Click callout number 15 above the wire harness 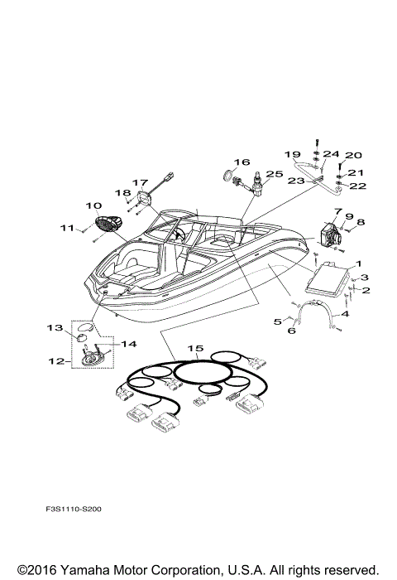195,349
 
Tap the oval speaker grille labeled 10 108,224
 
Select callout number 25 275,174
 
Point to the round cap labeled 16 230,175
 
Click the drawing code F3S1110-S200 74,509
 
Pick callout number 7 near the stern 338,211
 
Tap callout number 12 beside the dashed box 56,360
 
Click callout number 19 293,154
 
